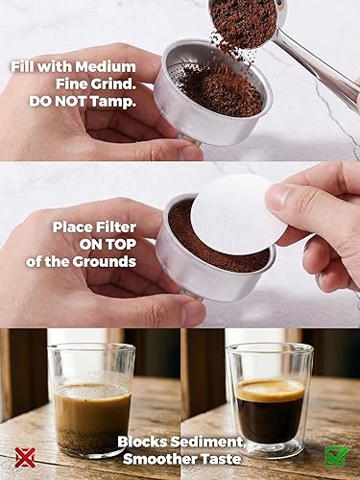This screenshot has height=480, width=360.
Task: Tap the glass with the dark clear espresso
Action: pyautogui.click(x=270, y=398)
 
